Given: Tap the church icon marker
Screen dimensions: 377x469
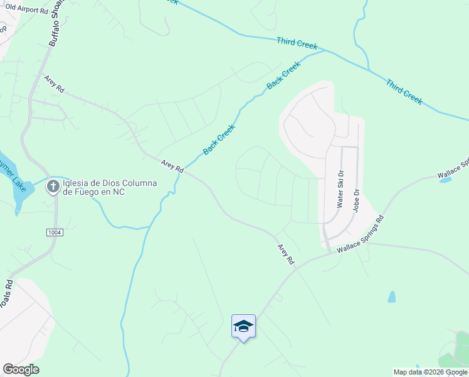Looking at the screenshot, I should [x=54, y=186].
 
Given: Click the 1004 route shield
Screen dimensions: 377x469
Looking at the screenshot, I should [x=55, y=232].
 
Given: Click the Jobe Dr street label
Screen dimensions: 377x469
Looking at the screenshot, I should [x=355, y=201].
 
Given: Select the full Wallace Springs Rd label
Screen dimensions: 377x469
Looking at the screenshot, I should [x=360, y=234].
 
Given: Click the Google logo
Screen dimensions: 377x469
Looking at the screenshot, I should [x=21, y=369].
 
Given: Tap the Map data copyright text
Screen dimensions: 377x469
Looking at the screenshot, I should [x=430, y=372].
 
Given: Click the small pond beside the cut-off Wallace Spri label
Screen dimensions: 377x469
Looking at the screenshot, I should [x=446, y=180].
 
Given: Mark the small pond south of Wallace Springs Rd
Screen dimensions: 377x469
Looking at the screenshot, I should [x=392, y=297].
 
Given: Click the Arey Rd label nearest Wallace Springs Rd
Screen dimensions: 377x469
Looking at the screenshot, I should [x=286, y=253].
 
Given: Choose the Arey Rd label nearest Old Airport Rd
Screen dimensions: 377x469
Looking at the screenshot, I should [x=55, y=84].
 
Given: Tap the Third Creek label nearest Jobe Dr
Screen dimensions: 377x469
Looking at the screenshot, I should [x=404, y=92].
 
